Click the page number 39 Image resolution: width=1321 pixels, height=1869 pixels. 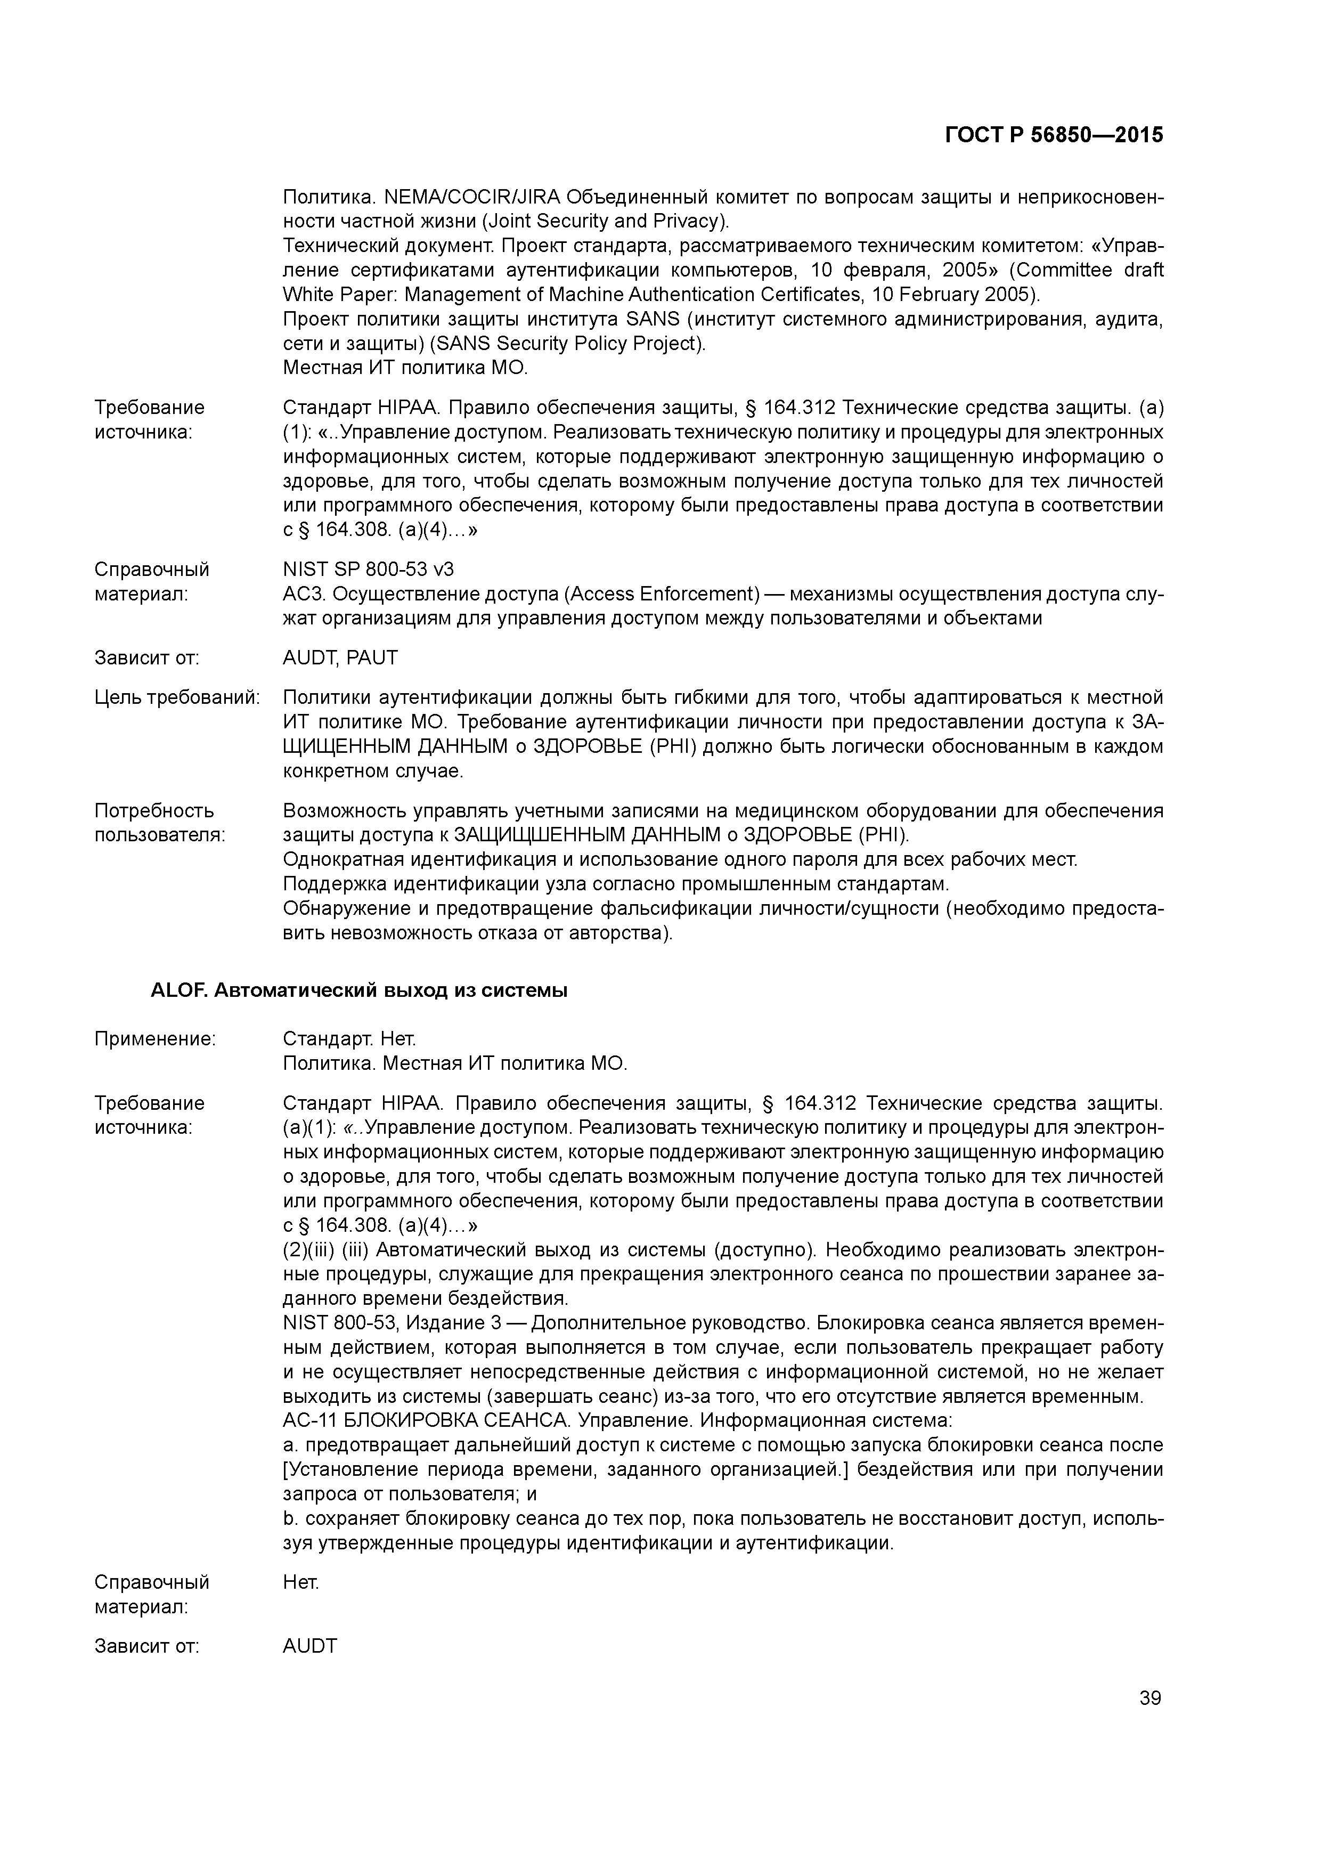(1149, 1698)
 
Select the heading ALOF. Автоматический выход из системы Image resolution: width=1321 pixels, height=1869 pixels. (359, 990)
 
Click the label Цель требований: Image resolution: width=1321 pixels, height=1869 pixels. (177, 697)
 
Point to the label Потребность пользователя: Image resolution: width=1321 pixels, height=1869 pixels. (159, 823)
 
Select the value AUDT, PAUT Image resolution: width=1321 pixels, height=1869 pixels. (340, 658)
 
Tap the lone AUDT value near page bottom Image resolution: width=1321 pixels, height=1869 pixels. (309, 1646)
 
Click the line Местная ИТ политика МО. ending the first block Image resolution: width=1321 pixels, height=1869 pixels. (405, 368)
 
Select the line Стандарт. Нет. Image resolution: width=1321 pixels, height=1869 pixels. (349, 1039)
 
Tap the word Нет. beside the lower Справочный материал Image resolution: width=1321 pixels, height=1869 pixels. (300, 1582)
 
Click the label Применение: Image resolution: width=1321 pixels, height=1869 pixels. (154, 1039)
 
